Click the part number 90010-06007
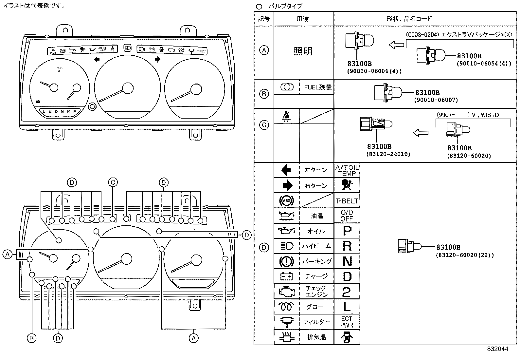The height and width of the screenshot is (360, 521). point(436,100)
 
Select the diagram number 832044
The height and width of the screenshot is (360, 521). point(497,349)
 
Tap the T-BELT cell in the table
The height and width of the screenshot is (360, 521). point(347,201)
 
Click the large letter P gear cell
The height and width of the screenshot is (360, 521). point(347,231)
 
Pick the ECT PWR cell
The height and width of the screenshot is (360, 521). point(347,322)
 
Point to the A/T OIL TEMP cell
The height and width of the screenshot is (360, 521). point(347,170)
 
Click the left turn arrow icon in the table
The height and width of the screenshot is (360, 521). point(286,170)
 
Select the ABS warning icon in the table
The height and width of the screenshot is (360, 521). point(286,200)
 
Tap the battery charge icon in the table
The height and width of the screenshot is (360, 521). point(286,276)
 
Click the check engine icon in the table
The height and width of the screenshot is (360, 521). point(287,291)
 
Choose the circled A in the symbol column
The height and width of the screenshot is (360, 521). point(264,50)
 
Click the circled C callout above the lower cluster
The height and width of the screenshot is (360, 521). point(113,182)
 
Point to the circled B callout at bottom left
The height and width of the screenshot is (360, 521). point(31,338)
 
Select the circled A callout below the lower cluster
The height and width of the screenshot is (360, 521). point(194,338)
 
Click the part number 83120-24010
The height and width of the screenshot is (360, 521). point(388,154)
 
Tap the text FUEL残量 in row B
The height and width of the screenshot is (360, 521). point(317,87)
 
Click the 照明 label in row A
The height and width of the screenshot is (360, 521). point(303,51)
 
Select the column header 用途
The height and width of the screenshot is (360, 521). point(303,19)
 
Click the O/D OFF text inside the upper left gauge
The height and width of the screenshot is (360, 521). point(60,69)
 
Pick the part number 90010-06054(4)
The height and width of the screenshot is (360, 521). point(484,64)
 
